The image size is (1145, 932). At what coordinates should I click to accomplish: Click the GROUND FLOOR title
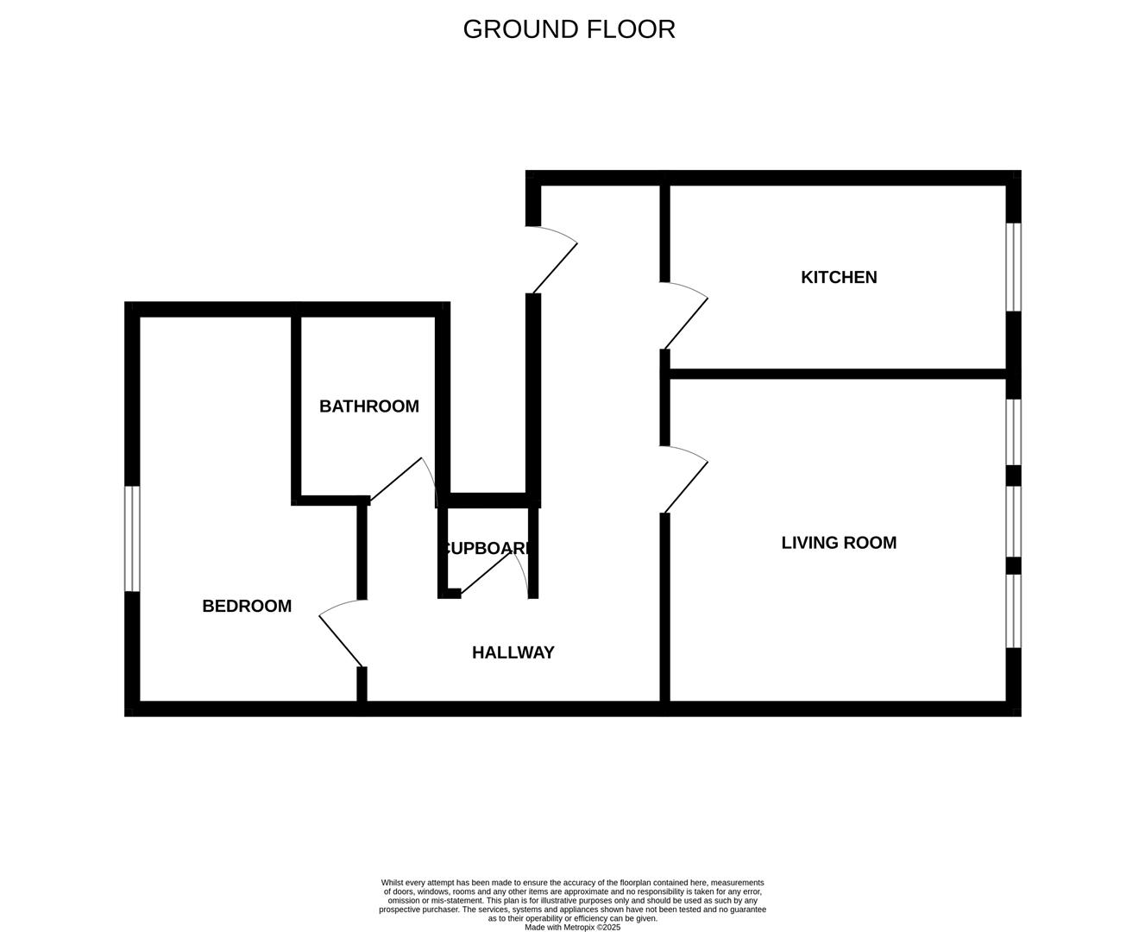coord(569,29)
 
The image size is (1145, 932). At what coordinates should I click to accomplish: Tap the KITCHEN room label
coord(839,277)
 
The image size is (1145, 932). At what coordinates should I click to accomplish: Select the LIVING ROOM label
coord(839,543)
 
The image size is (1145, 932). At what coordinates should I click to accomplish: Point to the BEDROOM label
coord(247,606)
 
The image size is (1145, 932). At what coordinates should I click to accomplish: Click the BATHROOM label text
coord(369,406)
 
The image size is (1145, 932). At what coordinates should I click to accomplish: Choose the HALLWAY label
coord(513,652)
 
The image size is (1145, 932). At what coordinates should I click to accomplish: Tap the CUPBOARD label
coord(487,548)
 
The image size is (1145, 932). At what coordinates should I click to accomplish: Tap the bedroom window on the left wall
coord(132,538)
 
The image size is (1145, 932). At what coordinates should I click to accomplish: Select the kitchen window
coord(1014,267)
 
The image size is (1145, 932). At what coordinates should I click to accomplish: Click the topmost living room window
coord(1014,431)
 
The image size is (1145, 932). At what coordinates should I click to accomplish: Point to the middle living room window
coord(1014,521)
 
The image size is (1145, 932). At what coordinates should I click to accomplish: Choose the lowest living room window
coord(1014,610)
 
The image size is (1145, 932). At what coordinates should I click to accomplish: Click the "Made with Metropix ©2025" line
coord(572,928)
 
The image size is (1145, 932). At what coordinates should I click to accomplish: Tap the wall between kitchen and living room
coord(837,374)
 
